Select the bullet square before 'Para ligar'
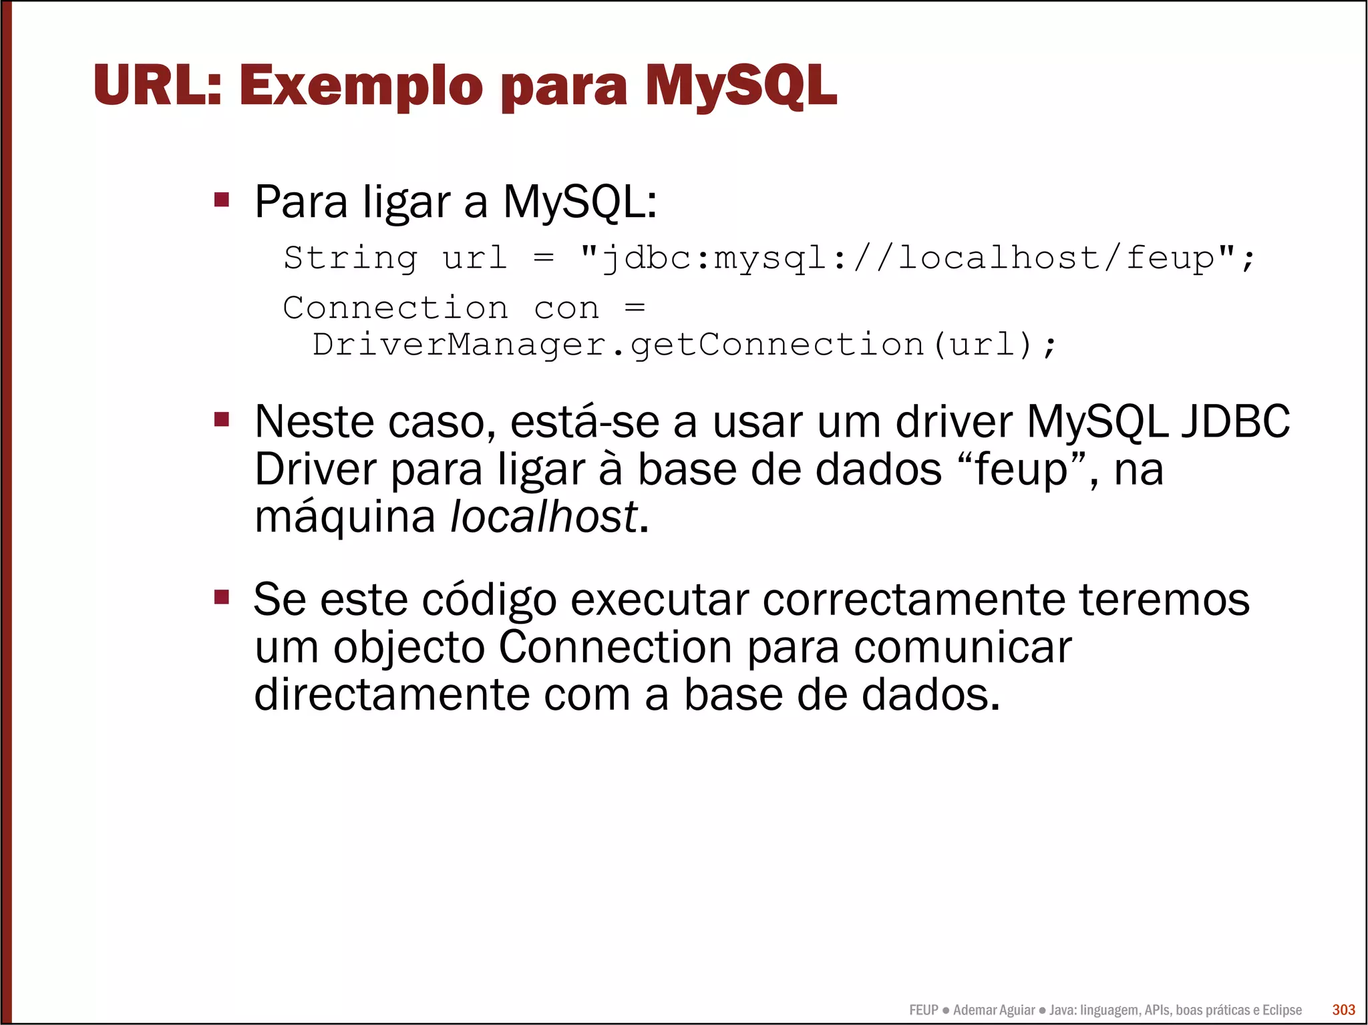pos(222,200)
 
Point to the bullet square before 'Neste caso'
pos(222,419)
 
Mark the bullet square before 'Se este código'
pos(222,596)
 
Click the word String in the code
pos(351,258)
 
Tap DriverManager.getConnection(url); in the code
pos(685,345)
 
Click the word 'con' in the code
pos(566,309)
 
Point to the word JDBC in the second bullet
pos(1235,422)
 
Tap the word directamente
pos(391,694)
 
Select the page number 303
pos(1343,1010)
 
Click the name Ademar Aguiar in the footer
pos(993,1010)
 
